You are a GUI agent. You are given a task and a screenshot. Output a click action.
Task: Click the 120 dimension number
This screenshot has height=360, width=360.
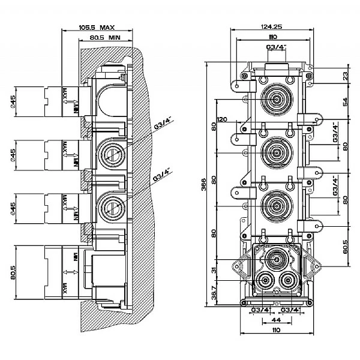tap(223, 119)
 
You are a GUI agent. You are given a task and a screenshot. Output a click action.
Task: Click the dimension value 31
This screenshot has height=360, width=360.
tap(213, 271)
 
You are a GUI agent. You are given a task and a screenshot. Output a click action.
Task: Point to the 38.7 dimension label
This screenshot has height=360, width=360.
tap(213, 293)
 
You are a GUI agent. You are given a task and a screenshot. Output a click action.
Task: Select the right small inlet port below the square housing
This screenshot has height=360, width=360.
tap(289, 280)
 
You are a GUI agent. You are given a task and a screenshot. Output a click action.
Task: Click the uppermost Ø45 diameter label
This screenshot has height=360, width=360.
tap(13, 103)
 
